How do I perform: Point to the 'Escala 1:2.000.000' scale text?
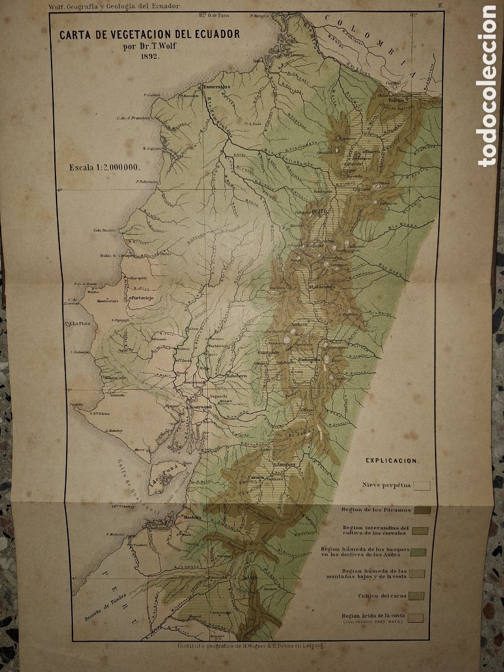coord(104,167)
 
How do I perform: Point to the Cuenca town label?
coord(256,478)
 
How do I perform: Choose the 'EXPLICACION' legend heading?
coord(391,460)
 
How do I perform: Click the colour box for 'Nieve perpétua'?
coord(422,486)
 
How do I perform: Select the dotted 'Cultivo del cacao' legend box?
coord(417,595)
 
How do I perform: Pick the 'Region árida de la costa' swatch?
coord(416,618)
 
